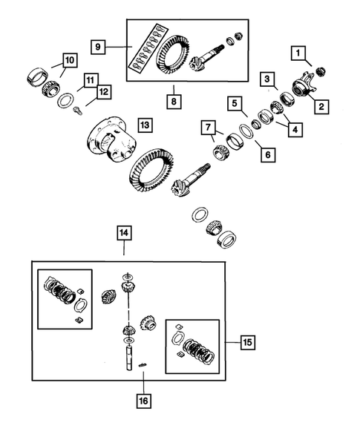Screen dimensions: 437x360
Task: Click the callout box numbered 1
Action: [x=298, y=53]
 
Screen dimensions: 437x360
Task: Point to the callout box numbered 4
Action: [x=296, y=129]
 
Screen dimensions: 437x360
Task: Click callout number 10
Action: [x=68, y=59]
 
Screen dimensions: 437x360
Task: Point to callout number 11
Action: [x=90, y=79]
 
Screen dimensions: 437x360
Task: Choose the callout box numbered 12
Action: [x=103, y=92]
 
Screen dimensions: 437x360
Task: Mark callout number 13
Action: [x=145, y=125]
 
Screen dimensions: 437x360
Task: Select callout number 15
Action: [x=246, y=342]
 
